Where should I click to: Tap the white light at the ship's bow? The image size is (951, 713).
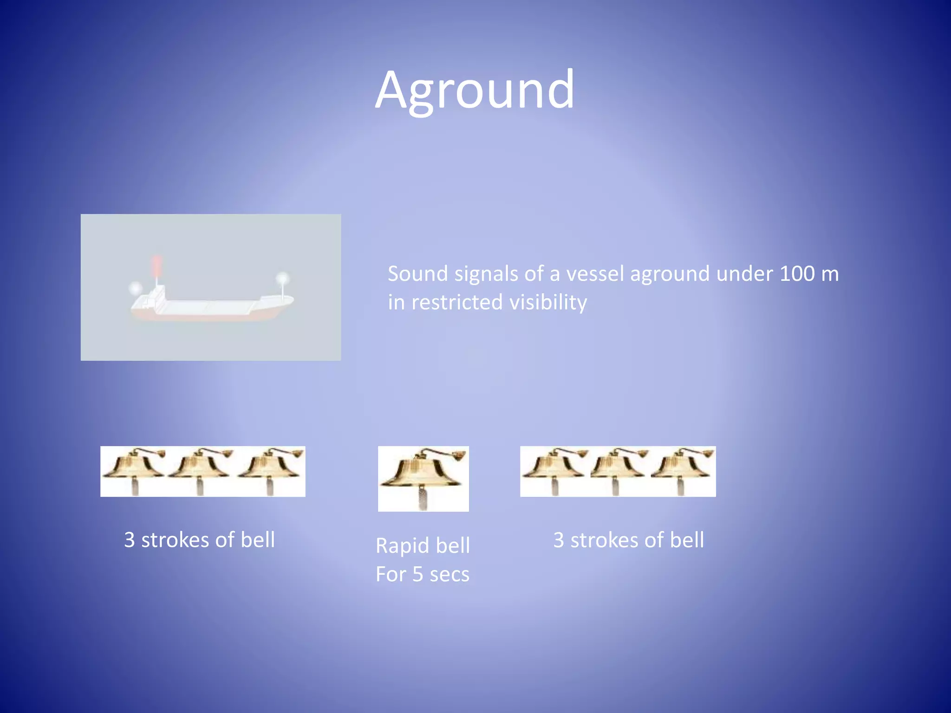282,279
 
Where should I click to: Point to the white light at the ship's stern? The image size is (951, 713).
136,288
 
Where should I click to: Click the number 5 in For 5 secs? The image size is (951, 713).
418,575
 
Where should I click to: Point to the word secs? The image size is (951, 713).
449,575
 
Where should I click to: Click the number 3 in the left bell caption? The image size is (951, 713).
130,540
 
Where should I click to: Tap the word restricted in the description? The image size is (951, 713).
457,303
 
